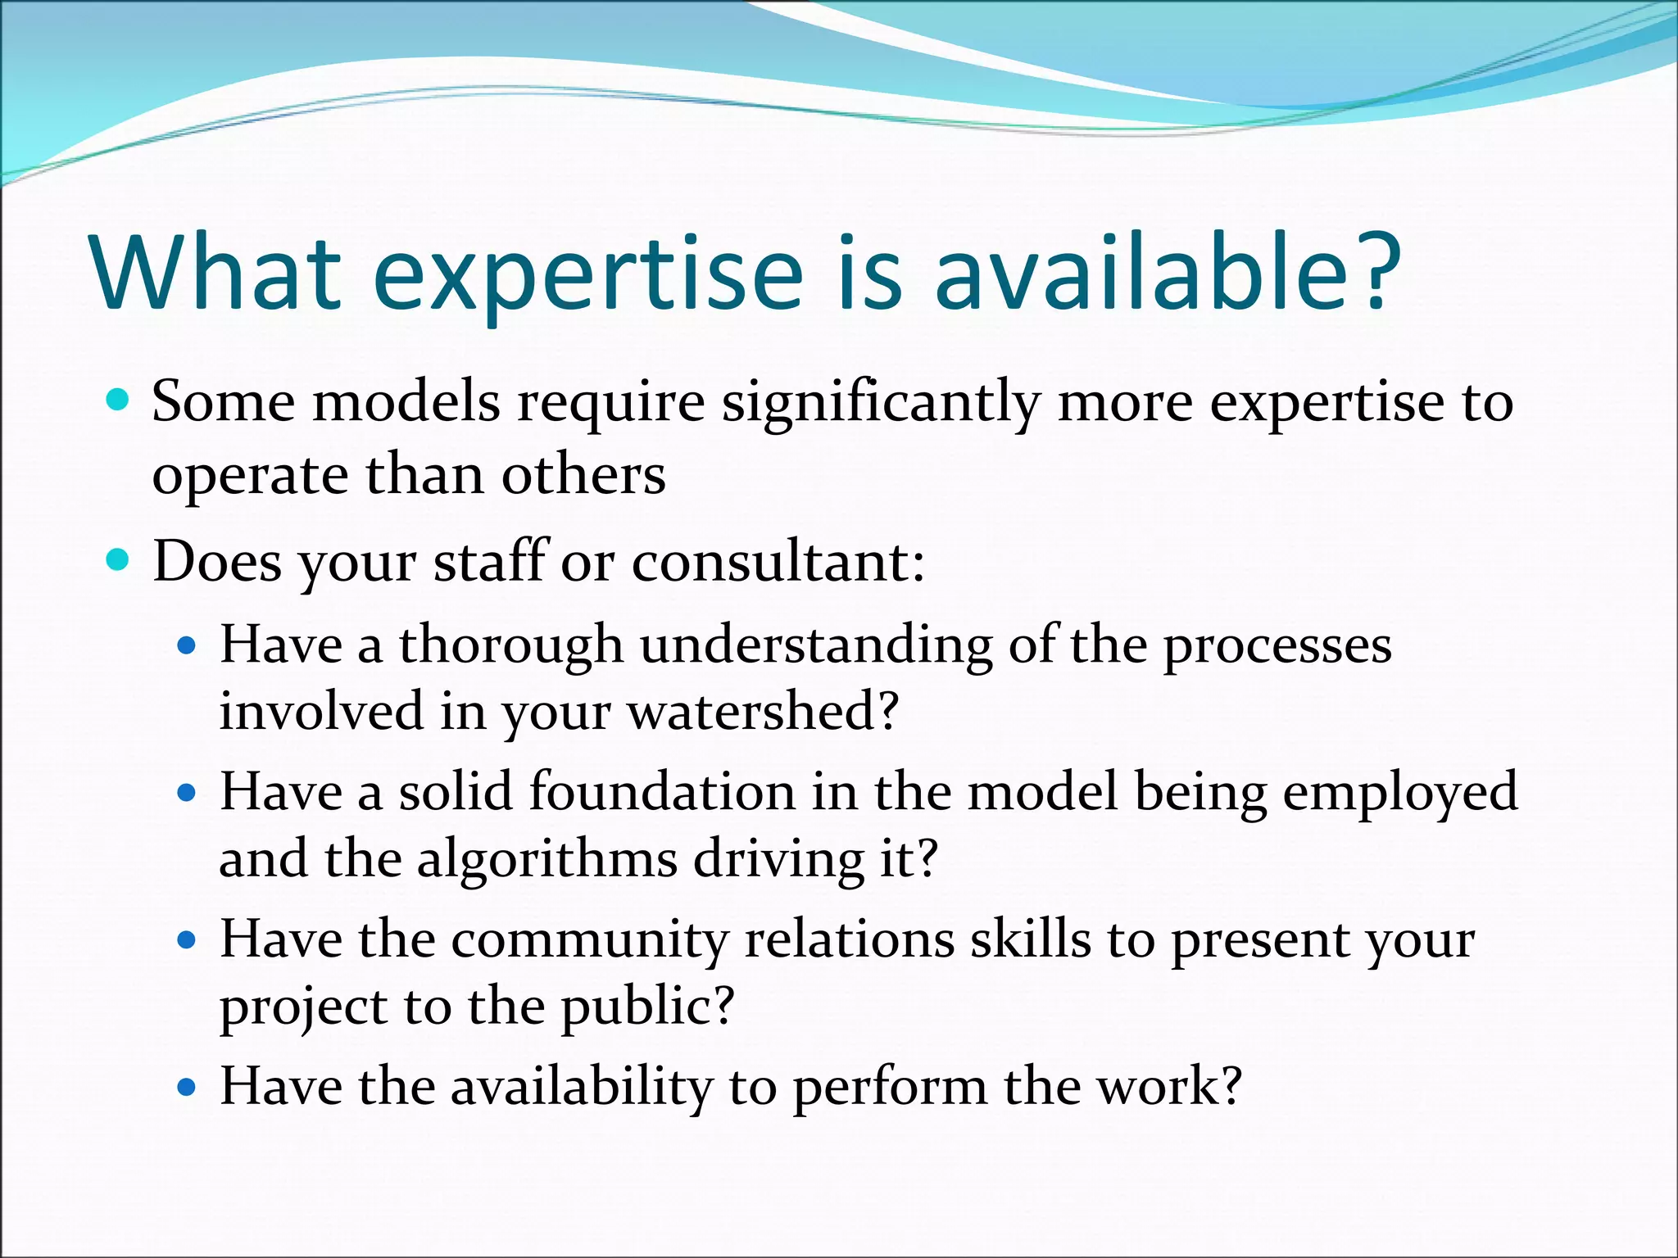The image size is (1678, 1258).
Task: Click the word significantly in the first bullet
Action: tap(880, 405)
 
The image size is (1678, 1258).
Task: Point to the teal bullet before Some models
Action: tap(119, 400)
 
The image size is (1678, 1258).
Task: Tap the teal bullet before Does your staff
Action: tap(119, 561)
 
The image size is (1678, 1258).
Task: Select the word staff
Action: tap(490, 562)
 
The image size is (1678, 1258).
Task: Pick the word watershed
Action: tap(762, 711)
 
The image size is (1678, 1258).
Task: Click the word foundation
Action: tap(662, 792)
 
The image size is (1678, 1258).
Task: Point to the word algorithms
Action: tap(547, 860)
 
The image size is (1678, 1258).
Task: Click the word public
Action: tap(646, 1007)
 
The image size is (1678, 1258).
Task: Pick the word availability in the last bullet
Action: tap(582, 1088)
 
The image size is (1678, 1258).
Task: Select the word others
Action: tap(583, 475)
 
